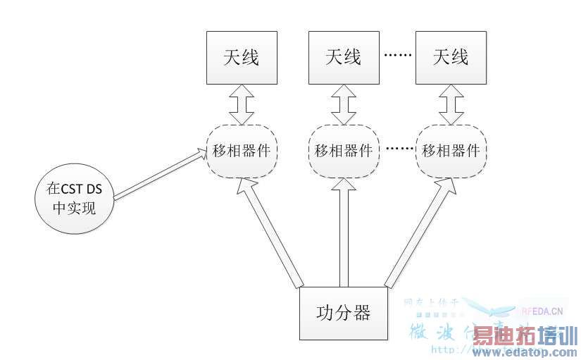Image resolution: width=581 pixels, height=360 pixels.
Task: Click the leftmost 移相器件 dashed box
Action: pos(242,151)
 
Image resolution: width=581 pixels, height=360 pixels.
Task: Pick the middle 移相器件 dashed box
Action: pos(344,151)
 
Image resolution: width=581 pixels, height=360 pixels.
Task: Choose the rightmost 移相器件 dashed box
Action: pos(451,151)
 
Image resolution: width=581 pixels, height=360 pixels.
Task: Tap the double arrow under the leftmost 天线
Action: pos(242,105)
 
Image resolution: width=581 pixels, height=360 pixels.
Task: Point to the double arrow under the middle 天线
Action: pos(344,105)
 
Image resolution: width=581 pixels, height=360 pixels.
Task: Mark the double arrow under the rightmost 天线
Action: pos(451,105)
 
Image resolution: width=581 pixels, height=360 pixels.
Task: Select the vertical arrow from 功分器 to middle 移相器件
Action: pos(344,232)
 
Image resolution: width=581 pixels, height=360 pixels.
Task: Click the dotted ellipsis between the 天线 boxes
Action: pos(397,54)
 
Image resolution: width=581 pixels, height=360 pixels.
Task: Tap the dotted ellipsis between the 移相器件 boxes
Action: pos(397,149)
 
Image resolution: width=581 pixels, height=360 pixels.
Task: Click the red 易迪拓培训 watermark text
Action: pos(525,335)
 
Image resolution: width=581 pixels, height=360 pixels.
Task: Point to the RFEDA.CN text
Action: pos(542,309)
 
